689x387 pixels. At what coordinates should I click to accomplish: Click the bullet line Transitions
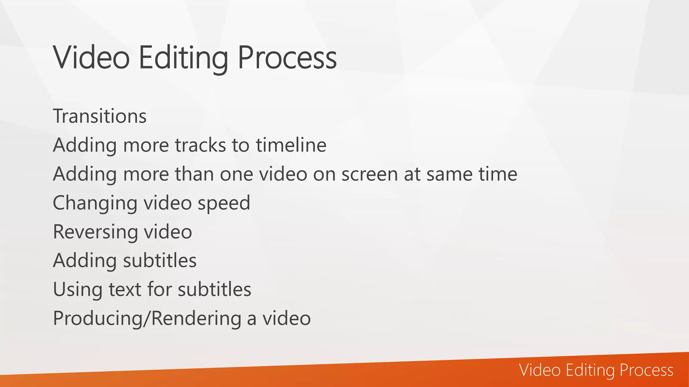click(x=100, y=116)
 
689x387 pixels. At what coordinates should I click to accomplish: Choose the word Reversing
click(x=95, y=232)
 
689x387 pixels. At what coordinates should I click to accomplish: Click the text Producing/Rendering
click(x=147, y=318)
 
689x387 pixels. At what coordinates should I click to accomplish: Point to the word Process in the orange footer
click(x=646, y=370)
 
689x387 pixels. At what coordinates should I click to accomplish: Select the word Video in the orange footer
click(x=540, y=370)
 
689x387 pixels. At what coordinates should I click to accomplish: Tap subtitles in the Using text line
click(x=214, y=290)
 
